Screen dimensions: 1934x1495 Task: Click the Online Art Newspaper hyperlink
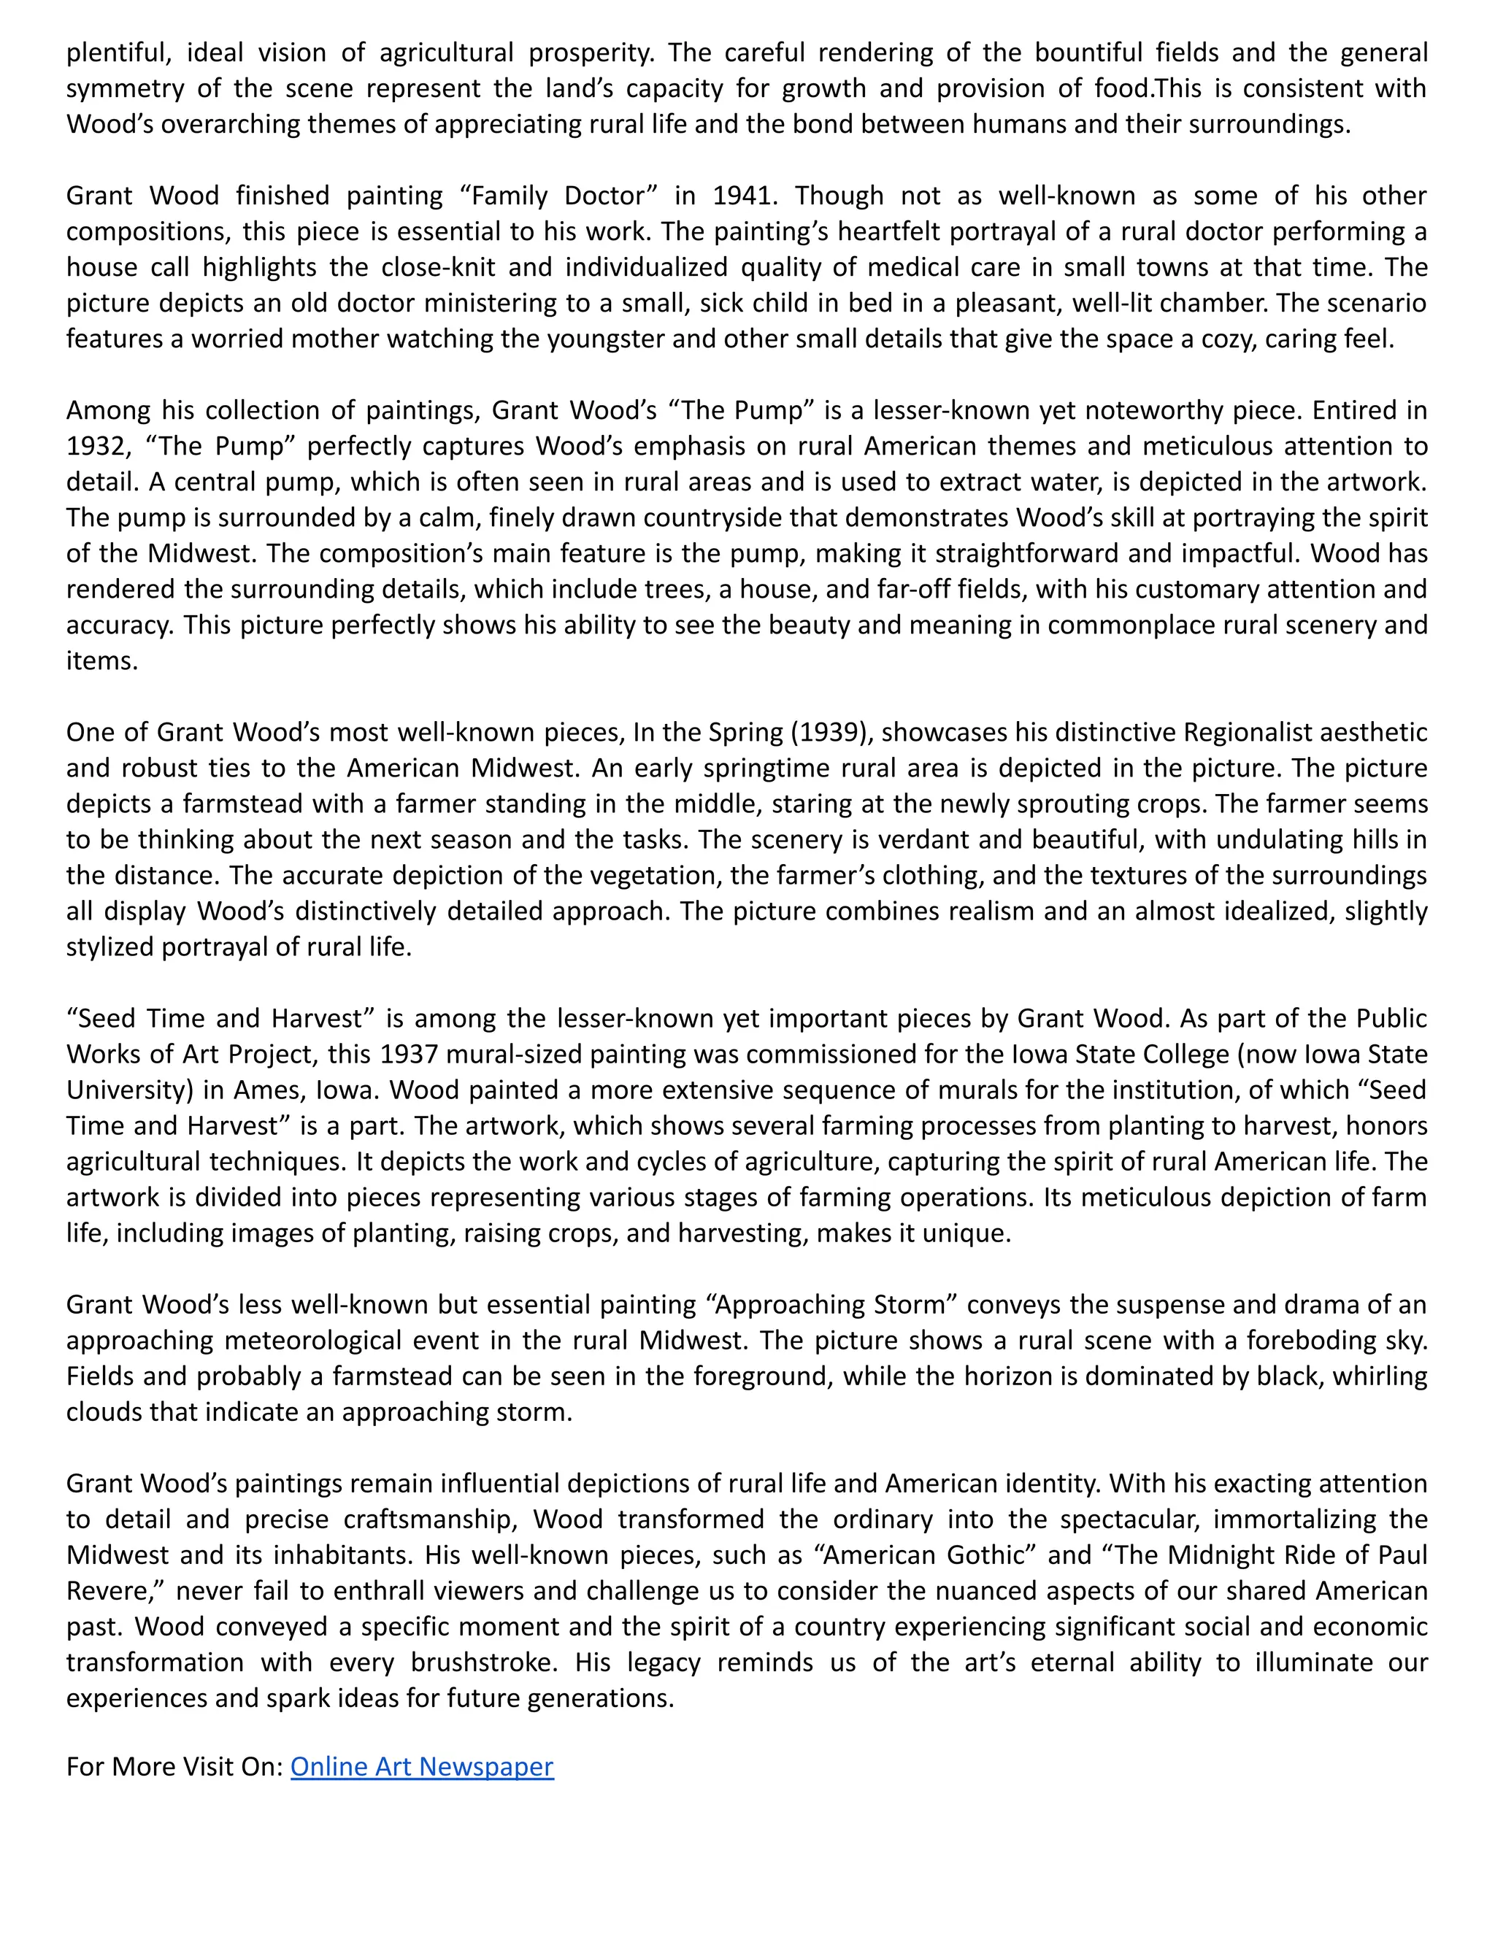tap(422, 1767)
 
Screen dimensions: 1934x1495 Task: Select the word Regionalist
tap(1257, 732)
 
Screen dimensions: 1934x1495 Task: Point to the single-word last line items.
tap(102, 661)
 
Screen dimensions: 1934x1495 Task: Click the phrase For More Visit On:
tap(174, 1767)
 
